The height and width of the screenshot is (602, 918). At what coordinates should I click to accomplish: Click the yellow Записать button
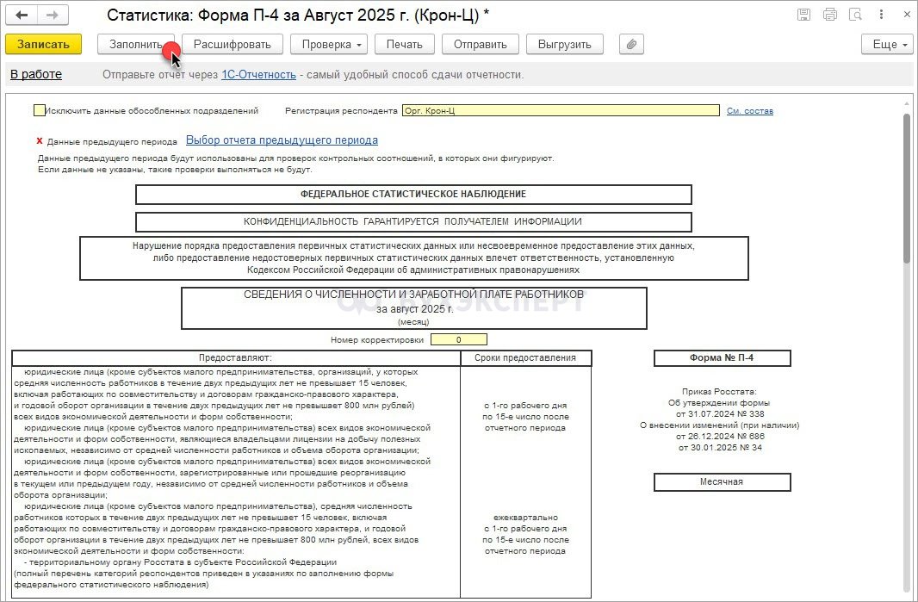click(43, 45)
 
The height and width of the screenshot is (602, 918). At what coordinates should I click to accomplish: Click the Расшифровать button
click(232, 45)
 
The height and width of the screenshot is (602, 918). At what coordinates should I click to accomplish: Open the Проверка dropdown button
click(328, 45)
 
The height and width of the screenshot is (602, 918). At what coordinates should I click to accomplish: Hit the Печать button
click(404, 45)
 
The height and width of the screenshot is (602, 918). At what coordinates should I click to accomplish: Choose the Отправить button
click(480, 45)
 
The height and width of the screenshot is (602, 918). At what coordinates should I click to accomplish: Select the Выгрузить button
click(564, 45)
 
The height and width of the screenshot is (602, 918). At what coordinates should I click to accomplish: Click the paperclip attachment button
click(631, 45)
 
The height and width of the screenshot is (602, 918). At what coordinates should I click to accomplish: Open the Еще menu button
click(887, 45)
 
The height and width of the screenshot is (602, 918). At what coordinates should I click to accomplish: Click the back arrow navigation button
click(22, 16)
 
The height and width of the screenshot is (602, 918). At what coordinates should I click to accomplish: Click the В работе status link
click(36, 75)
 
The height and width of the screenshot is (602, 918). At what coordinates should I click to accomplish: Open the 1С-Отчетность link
click(258, 75)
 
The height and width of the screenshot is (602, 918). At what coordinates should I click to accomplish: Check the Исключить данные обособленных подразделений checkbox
click(39, 110)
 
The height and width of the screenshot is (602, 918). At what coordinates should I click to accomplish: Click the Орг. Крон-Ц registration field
click(560, 110)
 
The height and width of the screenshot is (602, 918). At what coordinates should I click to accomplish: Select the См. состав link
click(749, 111)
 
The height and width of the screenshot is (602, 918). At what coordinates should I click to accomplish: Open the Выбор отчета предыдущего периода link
click(282, 140)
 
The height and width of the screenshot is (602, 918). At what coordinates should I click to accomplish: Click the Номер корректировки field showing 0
click(458, 339)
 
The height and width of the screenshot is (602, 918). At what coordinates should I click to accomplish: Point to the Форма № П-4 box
click(722, 358)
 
